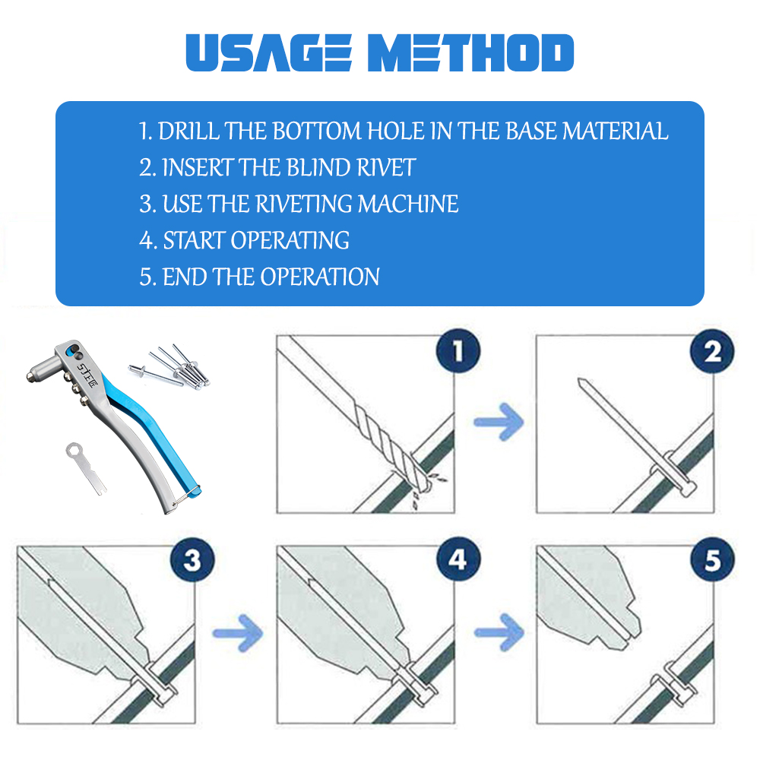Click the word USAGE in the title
(x=269, y=52)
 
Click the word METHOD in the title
(x=470, y=52)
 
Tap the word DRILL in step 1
(x=188, y=131)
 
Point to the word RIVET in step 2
(x=386, y=168)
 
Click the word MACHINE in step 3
(x=407, y=204)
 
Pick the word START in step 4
(x=194, y=240)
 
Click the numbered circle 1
(x=458, y=351)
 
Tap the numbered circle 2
(x=712, y=351)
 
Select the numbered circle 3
(x=192, y=560)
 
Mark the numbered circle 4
(x=458, y=559)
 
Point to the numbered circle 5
(x=713, y=559)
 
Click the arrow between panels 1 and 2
(x=499, y=422)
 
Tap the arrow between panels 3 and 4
(x=238, y=633)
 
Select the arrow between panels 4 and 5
(x=499, y=632)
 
